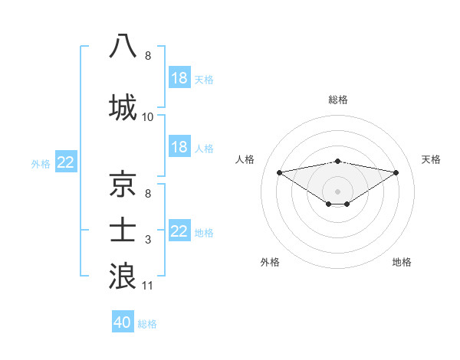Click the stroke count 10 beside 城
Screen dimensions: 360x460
tap(148, 117)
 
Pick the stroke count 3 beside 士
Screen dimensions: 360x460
tap(148, 241)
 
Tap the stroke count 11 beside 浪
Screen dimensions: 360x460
tap(148, 286)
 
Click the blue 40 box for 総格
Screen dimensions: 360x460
tap(123, 322)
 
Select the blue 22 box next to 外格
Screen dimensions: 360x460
tap(66, 162)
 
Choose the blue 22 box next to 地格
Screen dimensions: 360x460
tap(179, 231)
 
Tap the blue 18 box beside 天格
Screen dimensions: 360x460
tap(179, 77)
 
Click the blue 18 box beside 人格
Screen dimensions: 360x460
tap(179, 146)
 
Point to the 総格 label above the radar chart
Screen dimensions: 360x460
tap(337, 100)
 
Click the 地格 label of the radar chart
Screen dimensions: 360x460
tap(402, 262)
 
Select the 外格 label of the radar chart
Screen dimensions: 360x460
tap(270, 262)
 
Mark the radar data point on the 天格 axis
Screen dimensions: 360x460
tap(396, 172)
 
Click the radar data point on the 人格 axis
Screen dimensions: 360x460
tap(279, 172)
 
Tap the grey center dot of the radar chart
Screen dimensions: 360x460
tap(337, 191)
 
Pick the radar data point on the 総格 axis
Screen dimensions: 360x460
tap(337, 161)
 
